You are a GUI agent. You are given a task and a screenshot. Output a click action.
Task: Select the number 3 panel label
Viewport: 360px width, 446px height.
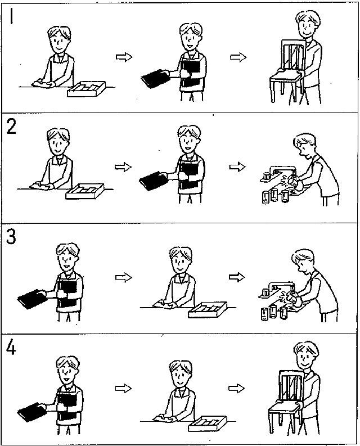click(11, 237)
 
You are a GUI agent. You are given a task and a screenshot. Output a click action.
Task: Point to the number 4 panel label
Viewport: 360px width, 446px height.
click(11, 348)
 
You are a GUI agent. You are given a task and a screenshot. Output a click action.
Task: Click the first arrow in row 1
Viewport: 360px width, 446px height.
click(124, 57)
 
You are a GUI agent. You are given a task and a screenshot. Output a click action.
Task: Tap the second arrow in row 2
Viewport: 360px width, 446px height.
click(237, 166)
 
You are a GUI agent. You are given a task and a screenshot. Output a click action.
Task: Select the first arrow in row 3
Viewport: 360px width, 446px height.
click(124, 277)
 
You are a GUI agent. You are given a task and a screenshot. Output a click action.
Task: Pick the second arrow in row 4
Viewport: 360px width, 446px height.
click(236, 388)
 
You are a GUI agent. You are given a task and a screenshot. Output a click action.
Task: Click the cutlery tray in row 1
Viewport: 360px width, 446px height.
click(86, 89)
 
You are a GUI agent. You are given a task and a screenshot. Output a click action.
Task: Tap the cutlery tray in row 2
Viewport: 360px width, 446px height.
click(85, 191)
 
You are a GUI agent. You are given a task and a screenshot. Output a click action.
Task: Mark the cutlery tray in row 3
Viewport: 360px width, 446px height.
click(208, 309)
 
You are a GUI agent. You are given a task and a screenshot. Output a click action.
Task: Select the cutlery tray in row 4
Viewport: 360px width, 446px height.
click(208, 423)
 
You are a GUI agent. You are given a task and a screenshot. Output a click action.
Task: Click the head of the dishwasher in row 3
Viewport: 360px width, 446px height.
click(303, 261)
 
